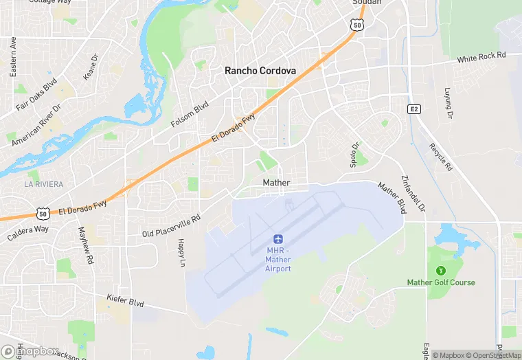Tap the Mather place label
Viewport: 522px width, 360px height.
(276, 183)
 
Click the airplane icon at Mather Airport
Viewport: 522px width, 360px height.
(278, 238)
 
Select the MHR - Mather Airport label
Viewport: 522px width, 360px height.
(278, 259)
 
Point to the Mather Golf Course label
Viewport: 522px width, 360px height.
(440, 282)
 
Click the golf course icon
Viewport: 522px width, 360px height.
(440, 270)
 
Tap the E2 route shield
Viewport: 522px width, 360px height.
(413, 109)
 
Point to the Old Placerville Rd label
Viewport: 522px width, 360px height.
(171, 226)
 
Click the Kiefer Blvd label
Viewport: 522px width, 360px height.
(125, 300)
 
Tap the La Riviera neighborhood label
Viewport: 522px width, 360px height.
(43, 184)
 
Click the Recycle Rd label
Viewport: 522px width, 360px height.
(440, 157)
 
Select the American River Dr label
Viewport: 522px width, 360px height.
(36, 124)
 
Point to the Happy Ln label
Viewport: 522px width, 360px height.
(181, 252)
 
